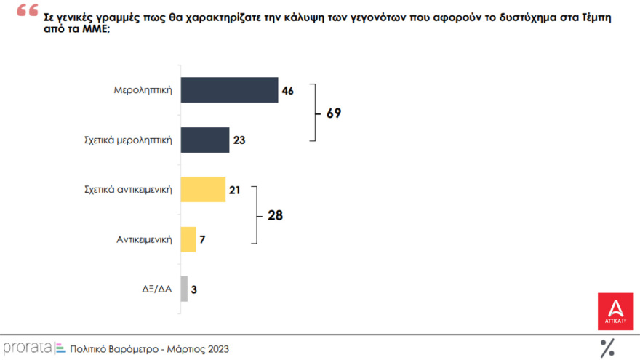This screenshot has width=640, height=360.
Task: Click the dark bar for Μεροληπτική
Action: (x=229, y=90)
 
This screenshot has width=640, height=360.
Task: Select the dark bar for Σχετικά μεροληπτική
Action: (x=204, y=140)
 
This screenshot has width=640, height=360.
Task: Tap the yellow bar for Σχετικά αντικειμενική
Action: (x=203, y=189)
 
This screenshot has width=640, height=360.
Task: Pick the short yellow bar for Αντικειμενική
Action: (x=188, y=239)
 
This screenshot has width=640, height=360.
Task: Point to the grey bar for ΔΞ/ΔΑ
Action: (x=184, y=289)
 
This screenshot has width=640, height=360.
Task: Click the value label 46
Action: (x=287, y=91)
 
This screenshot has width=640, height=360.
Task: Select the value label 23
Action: (x=239, y=140)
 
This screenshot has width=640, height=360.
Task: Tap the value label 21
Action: (x=235, y=190)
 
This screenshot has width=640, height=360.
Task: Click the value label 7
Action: (x=204, y=239)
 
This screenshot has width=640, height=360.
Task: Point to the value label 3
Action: (x=194, y=289)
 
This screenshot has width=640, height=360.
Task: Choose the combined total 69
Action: (x=333, y=114)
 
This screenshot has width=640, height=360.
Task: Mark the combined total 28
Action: (x=274, y=215)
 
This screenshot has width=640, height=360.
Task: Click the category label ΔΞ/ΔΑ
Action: (x=158, y=289)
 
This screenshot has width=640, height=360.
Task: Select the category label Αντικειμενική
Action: (x=144, y=239)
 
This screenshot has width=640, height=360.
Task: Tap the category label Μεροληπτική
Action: (x=143, y=90)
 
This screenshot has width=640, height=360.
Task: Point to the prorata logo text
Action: (x=26, y=348)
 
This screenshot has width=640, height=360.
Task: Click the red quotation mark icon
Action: (x=28, y=11)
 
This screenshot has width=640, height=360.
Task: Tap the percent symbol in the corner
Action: (x=607, y=348)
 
